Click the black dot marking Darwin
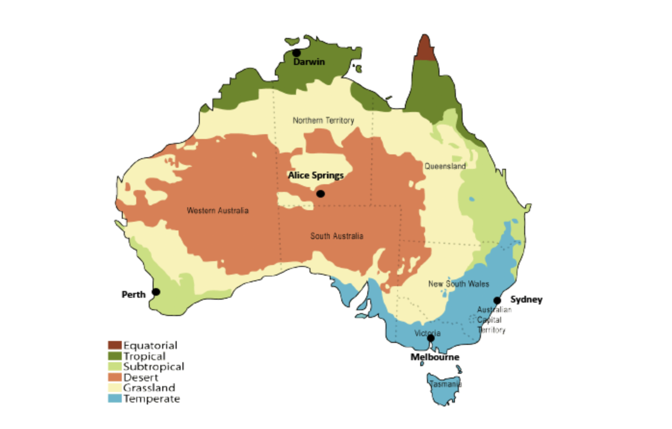(297, 53)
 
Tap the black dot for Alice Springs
(321, 194)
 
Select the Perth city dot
(156, 292)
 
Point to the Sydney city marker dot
(497, 301)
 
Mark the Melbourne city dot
(431, 338)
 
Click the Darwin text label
(309, 62)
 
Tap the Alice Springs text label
(316, 176)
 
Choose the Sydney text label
(526, 300)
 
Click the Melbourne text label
(435, 357)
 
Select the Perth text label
(133, 294)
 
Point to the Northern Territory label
(323, 120)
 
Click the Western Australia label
(218, 210)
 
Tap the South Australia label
(336, 236)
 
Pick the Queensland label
(445, 166)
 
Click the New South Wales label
(458, 284)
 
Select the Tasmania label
(445, 384)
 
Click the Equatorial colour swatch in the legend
(115, 345)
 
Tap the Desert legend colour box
(115, 377)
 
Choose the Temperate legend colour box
(115, 399)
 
